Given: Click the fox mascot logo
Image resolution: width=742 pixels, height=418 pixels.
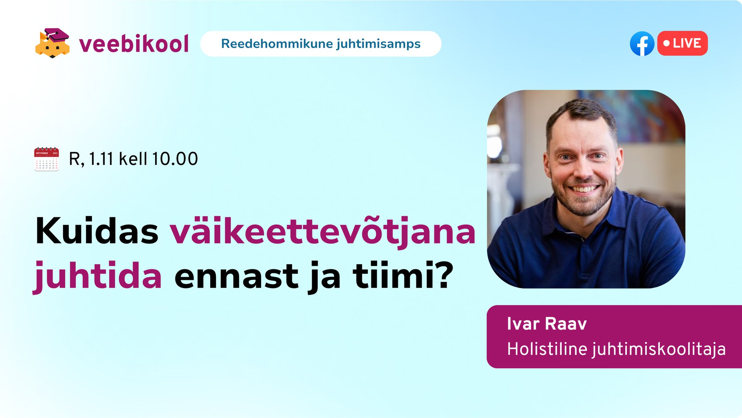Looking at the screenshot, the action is (x=53, y=43).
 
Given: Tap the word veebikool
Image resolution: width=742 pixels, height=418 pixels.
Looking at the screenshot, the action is (x=134, y=44).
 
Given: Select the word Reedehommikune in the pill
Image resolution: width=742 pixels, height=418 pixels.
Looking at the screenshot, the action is (x=277, y=44).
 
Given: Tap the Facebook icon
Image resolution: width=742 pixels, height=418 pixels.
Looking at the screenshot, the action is (x=642, y=44).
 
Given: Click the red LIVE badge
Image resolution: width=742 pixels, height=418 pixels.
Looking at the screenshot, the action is (x=683, y=43).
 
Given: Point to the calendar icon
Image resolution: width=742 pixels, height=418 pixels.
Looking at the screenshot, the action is (x=46, y=159).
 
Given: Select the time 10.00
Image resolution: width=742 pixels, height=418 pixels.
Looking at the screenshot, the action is (x=175, y=159).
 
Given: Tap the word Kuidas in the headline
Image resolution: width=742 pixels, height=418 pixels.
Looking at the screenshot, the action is (x=97, y=231).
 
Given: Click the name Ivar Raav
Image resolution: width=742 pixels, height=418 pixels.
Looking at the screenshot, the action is (x=547, y=323).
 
